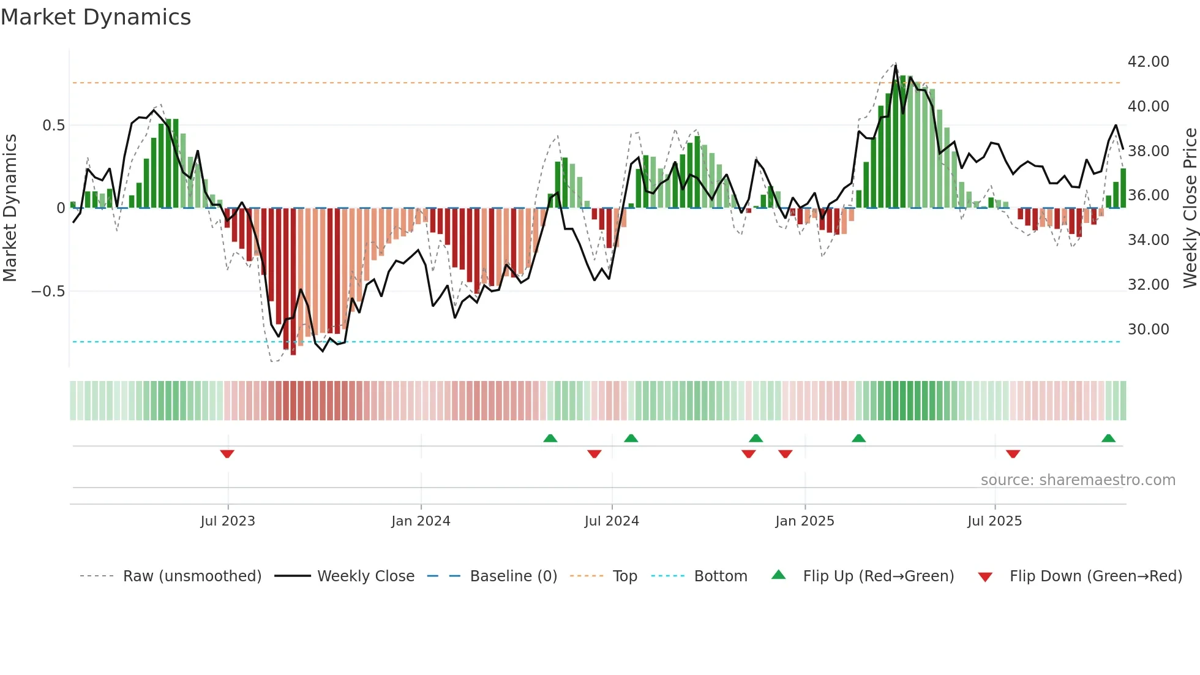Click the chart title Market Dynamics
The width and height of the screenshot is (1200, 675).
[x=96, y=17]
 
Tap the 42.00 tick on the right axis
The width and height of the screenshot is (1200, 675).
[x=1148, y=62]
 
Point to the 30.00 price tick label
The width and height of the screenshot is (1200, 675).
[x=1148, y=330]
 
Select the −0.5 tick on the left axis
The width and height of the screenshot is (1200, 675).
[x=48, y=292]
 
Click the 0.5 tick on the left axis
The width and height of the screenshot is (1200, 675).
[x=53, y=126]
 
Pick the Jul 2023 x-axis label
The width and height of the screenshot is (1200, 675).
[x=227, y=521]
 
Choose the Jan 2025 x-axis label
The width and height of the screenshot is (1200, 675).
[x=804, y=521]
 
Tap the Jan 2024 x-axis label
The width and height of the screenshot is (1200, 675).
[x=421, y=521]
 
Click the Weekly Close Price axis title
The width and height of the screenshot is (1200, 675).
[x=1190, y=208]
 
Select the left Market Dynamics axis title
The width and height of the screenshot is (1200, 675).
[x=10, y=208]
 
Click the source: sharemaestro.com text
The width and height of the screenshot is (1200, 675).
[x=1078, y=480]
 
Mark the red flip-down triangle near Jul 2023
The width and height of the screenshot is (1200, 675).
[x=227, y=454]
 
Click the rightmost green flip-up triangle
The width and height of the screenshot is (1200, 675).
[x=1108, y=438]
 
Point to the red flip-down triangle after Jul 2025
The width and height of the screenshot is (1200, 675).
[x=1013, y=454]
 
